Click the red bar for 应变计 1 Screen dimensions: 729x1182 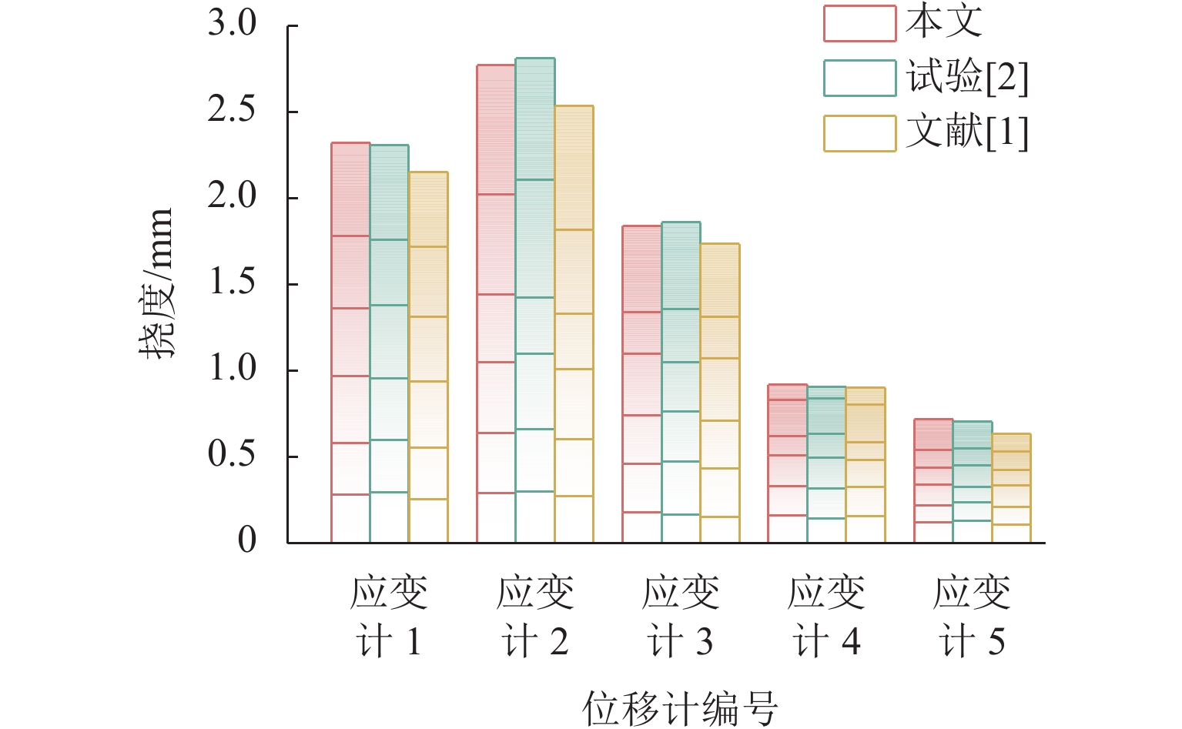click(350, 343)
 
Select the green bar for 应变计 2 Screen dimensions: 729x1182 click(535, 300)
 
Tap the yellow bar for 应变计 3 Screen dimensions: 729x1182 click(720, 393)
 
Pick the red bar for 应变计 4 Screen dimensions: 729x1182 click(787, 463)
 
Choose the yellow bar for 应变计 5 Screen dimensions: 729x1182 click(1011, 488)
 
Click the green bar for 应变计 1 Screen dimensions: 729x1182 click(390, 343)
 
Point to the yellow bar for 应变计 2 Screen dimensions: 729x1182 click(574, 324)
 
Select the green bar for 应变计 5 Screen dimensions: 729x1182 click(972, 482)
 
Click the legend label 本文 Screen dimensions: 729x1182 click(944, 22)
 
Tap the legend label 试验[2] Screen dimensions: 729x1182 click(967, 77)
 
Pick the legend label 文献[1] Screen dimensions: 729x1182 click(967, 132)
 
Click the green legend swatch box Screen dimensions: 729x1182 click(859, 78)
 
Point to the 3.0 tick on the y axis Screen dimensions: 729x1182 click(232, 24)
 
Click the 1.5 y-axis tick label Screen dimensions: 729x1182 click(232, 283)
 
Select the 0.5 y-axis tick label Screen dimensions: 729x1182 click(232, 455)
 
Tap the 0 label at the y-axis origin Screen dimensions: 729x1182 click(246, 540)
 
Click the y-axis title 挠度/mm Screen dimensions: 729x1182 click(157, 283)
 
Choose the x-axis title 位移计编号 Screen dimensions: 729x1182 click(680, 707)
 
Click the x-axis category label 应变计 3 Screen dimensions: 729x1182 click(681, 617)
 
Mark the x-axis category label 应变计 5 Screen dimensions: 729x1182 click(972, 617)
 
